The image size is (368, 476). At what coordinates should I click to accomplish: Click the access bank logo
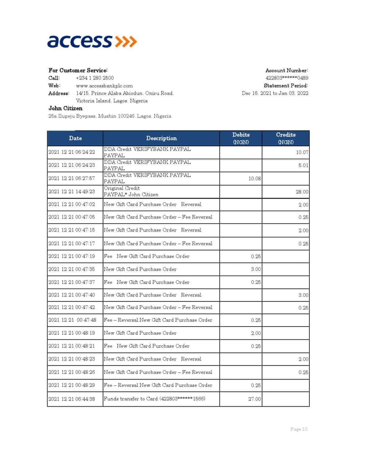92,42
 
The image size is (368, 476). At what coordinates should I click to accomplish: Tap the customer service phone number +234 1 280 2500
95,78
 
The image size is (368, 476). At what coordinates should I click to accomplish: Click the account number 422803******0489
287,78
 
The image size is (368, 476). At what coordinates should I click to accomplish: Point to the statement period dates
275,93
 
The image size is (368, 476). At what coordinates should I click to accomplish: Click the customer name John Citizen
65,108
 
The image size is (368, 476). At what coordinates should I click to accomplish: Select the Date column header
75,138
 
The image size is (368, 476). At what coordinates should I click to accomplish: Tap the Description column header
161,138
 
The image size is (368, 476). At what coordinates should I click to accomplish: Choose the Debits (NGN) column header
241,138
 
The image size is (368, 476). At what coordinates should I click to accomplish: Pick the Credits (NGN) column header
286,138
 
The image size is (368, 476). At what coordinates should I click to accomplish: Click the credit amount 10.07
302,152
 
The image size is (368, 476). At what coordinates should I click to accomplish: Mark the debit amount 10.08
255,178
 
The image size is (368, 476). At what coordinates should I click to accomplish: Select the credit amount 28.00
302,192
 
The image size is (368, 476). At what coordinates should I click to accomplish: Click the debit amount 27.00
255,399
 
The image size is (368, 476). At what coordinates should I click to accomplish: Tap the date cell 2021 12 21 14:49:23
72,192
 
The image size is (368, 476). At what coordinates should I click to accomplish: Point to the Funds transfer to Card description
154,399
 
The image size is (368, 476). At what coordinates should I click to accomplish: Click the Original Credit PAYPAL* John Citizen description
131,192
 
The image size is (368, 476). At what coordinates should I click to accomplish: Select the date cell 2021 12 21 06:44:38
72,399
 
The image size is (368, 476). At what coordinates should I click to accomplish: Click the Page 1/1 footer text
299,429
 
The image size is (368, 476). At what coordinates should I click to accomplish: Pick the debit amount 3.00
256,269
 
